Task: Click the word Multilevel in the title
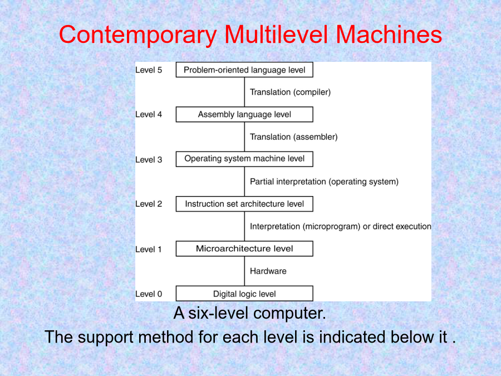pyautogui.click(x=276, y=35)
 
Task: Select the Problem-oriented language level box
pyautogui.click(x=244, y=70)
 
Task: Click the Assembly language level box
pyautogui.click(x=244, y=114)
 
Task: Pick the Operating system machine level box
pyautogui.click(x=244, y=159)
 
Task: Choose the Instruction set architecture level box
pyautogui.click(x=244, y=204)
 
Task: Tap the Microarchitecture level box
pyautogui.click(x=244, y=248)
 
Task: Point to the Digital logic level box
pyautogui.click(x=244, y=294)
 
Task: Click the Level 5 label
pyautogui.click(x=149, y=70)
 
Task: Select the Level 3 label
pyautogui.click(x=149, y=159)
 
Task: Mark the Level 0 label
pyautogui.click(x=149, y=294)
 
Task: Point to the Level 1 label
pyautogui.click(x=148, y=249)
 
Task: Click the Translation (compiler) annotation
pyautogui.click(x=290, y=92)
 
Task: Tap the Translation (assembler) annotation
pyautogui.click(x=293, y=137)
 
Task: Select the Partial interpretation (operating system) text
pyautogui.click(x=324, y=182)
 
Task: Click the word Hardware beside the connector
pyautogui.click(x=268, y=271)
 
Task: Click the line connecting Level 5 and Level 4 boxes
pyautogui.click(x=244, y=92)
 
